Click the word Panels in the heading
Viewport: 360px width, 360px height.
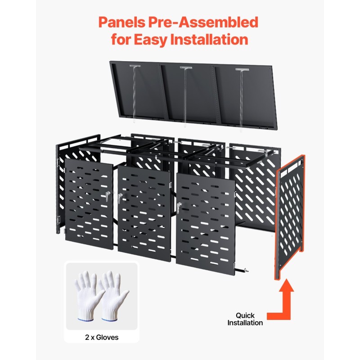[x=122, y=22]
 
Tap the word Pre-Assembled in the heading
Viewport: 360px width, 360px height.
[x=203, y=22]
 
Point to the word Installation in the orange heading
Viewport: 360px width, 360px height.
[x=209, y=39]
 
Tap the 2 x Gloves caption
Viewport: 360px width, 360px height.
[x=102, y=337]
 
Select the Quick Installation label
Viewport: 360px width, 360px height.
[x=245, y=319]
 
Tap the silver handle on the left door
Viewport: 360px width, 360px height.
[x=107, y=196]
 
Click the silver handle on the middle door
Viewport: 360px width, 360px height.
[x=120, y=198]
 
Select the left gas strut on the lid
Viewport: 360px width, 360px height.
[x=135, y=94]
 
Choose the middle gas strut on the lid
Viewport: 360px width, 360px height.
[x=185, y=96]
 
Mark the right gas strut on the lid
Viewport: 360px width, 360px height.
[x=241, y=100]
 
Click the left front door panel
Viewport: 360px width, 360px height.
[x=89, y=204]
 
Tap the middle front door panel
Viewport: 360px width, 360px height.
[x=144, y=214]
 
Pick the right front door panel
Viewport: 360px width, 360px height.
[x=206, y=224]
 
